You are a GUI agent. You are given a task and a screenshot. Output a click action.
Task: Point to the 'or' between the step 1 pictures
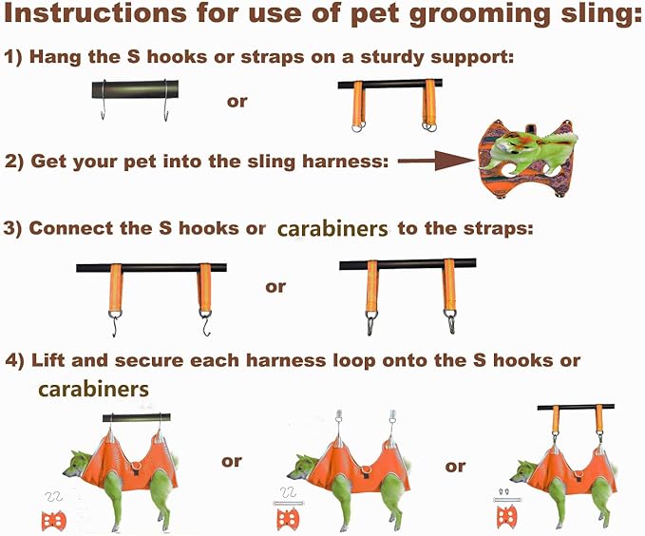(x=237, y=100)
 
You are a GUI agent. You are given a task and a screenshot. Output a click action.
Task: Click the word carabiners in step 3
(x=332, y=229)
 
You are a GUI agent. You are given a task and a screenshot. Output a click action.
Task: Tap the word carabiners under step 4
(x=93, y=390)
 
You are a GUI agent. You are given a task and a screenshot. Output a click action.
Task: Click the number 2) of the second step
(x=14, y=161)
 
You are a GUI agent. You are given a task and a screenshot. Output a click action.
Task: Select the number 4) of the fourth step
(x=14, y=361)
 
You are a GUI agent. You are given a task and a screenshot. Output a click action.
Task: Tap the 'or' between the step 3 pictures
(x=275, y=286)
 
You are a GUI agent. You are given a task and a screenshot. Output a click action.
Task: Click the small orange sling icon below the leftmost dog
(x=54, y=521)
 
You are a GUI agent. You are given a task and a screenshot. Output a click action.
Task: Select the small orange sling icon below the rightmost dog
(x=507, y=516)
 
